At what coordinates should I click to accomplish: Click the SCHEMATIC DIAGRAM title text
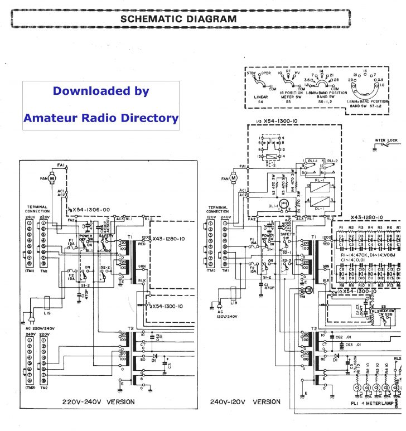click(178, 18)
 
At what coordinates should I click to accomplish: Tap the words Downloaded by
click(101, 91)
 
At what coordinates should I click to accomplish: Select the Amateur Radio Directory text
click(101, 118)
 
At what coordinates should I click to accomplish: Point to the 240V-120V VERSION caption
click(245, 401)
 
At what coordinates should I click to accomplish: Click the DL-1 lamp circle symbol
click(284, 204)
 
